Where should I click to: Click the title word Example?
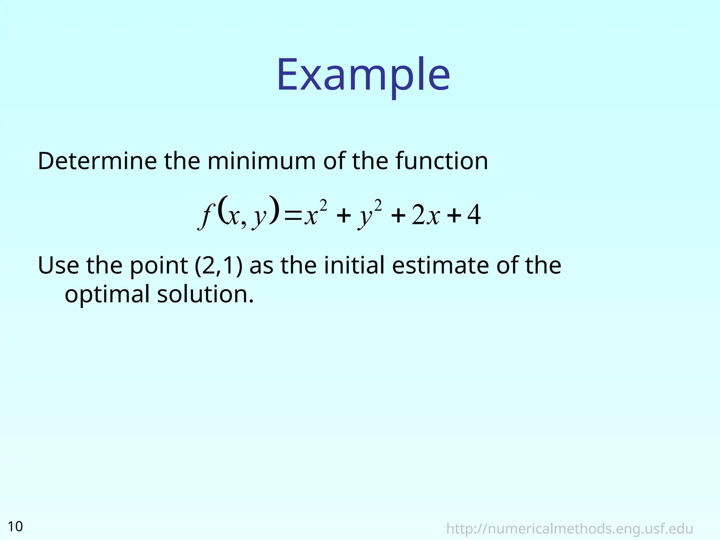coord(363,75)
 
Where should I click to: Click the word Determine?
coord(97,161)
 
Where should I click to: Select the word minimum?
coord(262,161)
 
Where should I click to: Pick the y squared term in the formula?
coord(369,214)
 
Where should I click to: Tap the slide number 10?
coord(15,526)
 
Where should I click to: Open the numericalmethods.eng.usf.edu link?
coord(570,528)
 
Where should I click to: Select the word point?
coord(159,266)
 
